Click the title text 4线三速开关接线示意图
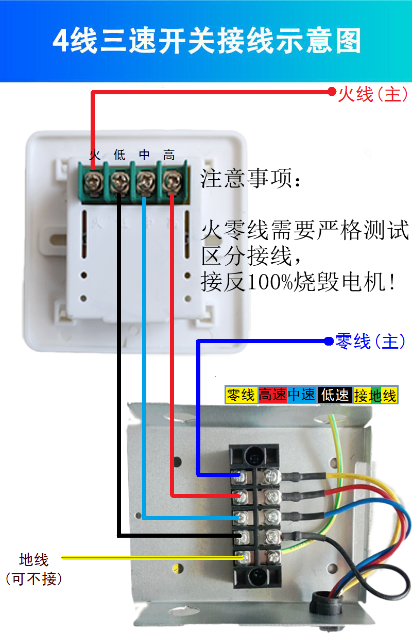point(207,41)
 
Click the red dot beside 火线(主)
point(332,92)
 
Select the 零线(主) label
point(370,341)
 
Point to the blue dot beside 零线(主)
point(329,341)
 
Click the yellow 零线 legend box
point(242,395)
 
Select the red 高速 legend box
point(272,395)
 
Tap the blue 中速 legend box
point(302,395)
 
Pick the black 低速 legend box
point(335,395)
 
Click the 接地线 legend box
point(375,395)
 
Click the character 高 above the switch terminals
point(169,155)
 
